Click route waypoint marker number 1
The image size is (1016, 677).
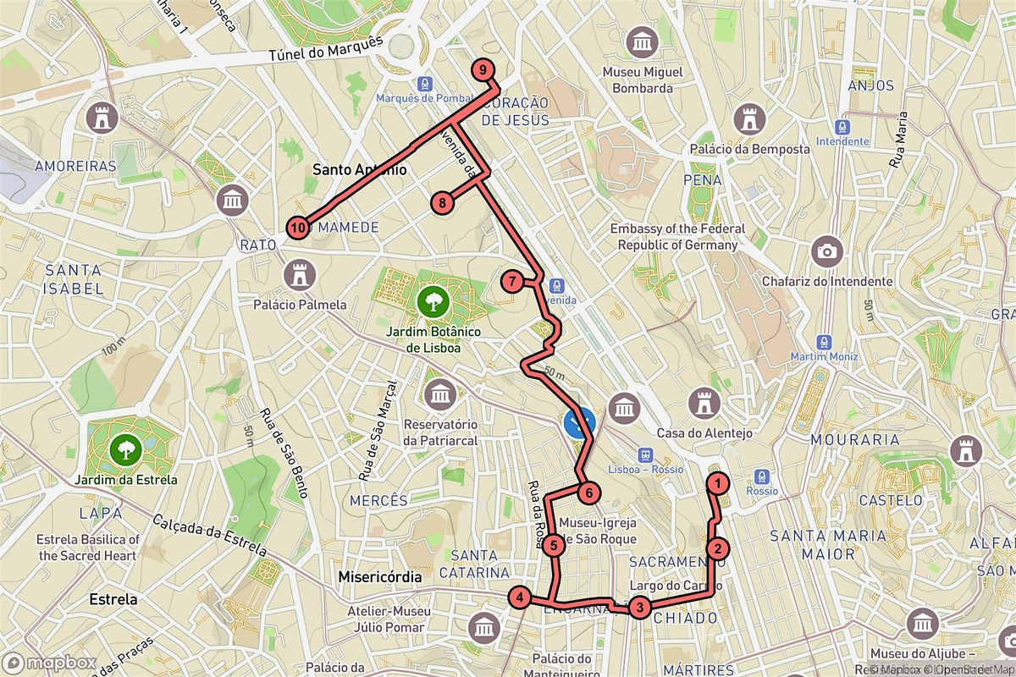click(718, 484)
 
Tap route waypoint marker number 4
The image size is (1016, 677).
click(520, 598)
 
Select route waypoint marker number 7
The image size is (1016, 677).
click(512, 282)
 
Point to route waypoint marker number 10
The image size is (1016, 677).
click(297, 227)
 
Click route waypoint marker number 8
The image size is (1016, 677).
click(441, 202)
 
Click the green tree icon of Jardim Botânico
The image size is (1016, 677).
click(433, 299)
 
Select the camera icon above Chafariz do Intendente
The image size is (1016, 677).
click(826, 251)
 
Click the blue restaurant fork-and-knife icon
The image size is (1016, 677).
click(579, 421)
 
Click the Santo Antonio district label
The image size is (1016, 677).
click(359, 169)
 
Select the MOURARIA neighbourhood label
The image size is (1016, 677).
click(854, 440)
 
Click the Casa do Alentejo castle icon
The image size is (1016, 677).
click(704, 404)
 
